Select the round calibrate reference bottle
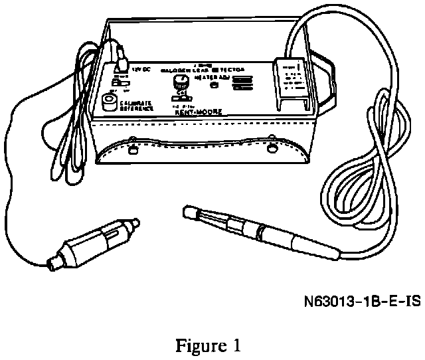tap(108, 102)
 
